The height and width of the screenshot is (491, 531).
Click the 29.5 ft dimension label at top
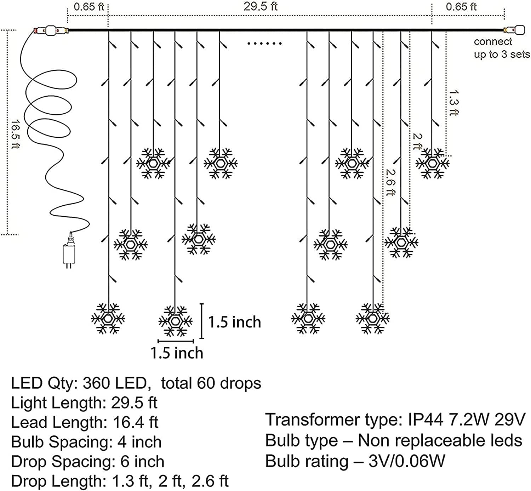(261, 6)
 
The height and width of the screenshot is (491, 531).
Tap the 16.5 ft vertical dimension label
(15, 135)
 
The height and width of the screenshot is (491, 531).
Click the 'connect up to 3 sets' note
(501, 48)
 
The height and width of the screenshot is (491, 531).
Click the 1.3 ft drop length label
(453, 103)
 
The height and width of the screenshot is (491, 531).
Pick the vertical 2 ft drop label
(418, 141)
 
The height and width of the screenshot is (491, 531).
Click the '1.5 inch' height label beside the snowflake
(234, 322)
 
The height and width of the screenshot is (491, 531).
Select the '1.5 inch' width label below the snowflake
(177, 353)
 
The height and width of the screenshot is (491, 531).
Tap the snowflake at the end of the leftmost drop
(108, 318)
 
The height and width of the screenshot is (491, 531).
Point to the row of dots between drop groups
(264, 44)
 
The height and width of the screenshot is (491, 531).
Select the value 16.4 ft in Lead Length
(136, 422)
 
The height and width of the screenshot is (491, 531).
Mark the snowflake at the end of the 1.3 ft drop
(432, 163)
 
